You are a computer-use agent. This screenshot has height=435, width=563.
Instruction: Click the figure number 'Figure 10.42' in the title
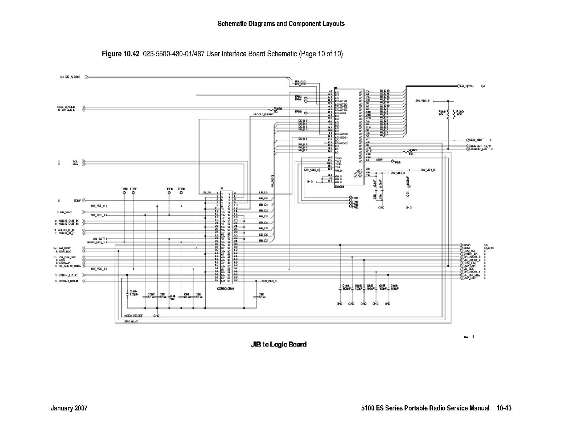click(120, 54)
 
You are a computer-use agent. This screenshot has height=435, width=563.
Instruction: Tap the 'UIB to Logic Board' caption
click(278, 344)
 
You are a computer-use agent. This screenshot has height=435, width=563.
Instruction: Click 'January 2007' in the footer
click(69, 408)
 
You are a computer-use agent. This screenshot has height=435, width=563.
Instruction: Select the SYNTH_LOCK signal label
click(68, 275)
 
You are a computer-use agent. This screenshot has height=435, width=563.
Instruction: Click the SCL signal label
click(75, 161)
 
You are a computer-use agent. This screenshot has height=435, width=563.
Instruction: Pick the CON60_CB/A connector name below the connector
click(225, 288)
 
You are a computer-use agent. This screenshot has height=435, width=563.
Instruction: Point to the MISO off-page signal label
click(467, 245)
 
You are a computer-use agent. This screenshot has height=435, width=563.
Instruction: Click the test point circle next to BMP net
click(392, 161)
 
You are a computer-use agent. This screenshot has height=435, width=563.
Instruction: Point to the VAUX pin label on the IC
click(339, 170)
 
